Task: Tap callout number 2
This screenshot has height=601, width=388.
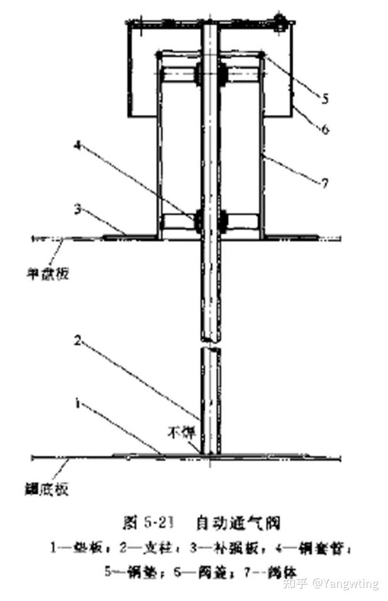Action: tap(77, 341)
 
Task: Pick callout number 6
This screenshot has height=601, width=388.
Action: tap(324, 130)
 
